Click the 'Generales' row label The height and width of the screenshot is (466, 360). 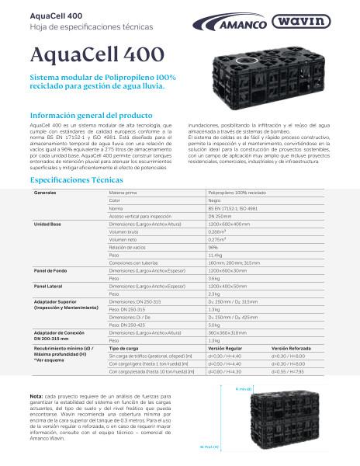tap(45, 191)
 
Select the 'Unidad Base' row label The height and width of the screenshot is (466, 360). tap(47, 223)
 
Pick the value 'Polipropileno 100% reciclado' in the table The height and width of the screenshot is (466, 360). tap(237, 191)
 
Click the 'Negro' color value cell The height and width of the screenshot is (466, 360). tap(215, 200)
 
